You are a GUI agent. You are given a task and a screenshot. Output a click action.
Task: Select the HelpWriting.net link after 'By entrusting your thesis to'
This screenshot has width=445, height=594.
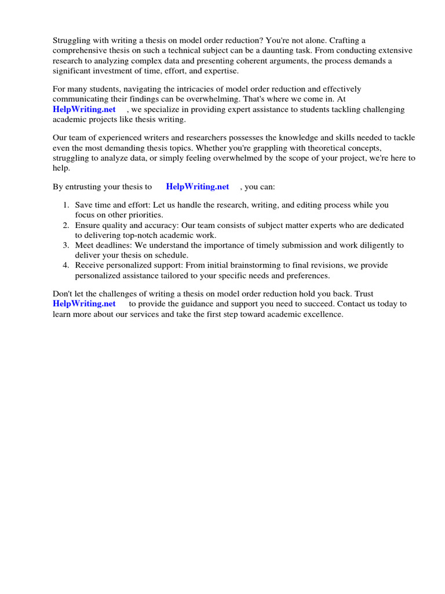tap(198, 187)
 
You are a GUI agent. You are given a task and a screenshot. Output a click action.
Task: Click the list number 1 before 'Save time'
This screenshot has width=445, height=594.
tap(66, 205)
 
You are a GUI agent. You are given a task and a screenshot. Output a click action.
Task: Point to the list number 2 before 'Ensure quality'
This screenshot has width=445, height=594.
tap(66, 225)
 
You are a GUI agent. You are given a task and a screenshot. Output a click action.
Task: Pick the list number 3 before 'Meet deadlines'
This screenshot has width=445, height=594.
tap(66, 245)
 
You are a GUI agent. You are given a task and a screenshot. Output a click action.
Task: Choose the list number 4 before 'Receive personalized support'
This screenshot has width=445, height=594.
tap(66, 265)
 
